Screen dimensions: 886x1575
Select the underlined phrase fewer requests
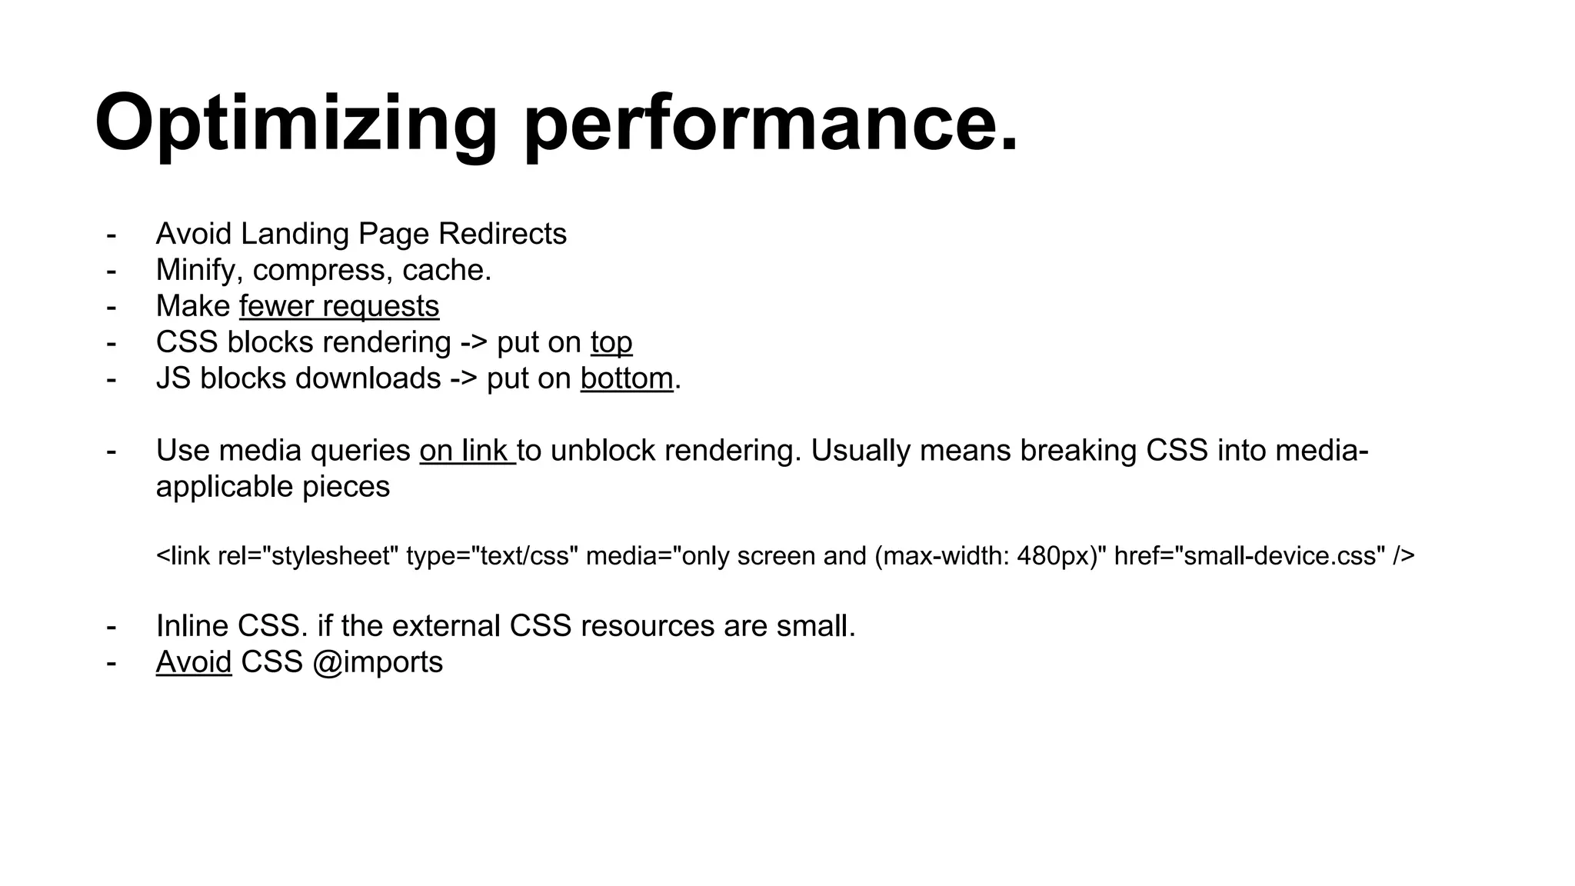(x=339, y=306)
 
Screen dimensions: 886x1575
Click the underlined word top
(x=611, y=342)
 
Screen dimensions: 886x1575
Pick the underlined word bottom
(x=627, y=378)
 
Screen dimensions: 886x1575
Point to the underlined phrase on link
(x=467, y=451)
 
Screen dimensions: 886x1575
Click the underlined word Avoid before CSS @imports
(x=194, y=662)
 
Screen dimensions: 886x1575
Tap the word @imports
(x=378, y=662)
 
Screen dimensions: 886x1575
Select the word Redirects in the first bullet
(x=502, y=234)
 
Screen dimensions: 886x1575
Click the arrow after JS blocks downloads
(x=463, y=378)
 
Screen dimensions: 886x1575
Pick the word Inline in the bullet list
(x=192, y=626)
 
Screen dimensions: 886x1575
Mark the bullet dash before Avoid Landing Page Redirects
(x=112, y=234)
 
